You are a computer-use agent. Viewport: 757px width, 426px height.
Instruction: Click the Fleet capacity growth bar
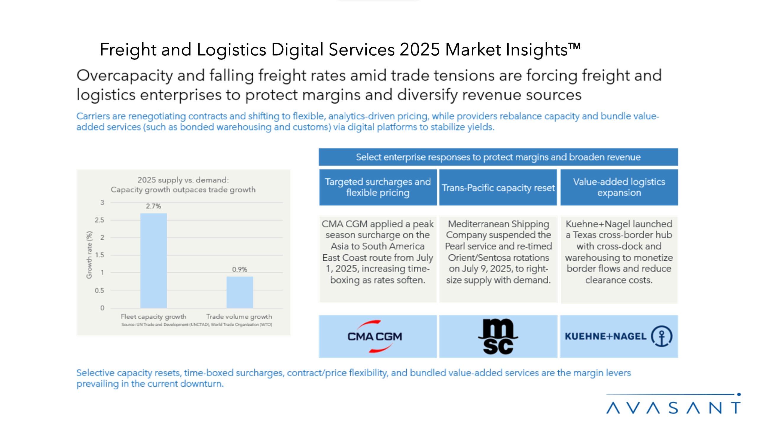coord(153,260)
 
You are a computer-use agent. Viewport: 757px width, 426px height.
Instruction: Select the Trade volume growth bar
coord(240,292)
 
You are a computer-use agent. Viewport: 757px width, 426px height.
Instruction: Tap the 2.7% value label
coord(153,206)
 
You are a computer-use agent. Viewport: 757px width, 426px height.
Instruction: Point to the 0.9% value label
coord(240,269)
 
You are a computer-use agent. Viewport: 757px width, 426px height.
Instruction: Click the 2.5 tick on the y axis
coord(99,220)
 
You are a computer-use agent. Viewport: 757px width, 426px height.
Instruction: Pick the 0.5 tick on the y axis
coord(99,291)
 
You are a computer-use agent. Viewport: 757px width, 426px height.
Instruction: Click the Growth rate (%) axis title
coord(89,255)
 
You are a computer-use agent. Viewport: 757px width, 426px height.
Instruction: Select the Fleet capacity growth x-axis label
coord(153,317)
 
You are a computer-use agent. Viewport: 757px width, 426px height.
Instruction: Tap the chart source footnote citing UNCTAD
coord(197,325)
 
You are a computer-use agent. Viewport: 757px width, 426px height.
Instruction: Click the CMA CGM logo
coord(375,336)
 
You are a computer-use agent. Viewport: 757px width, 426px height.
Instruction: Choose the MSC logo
coord(498,336)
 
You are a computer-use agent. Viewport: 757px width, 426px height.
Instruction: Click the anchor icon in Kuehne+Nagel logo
coord(661,336)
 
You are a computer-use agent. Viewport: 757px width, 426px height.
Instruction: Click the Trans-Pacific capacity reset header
coord(498,188)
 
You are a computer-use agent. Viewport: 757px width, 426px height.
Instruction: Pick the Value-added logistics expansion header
coord(619,187)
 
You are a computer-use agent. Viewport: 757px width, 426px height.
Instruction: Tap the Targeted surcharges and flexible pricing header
coord(378,187)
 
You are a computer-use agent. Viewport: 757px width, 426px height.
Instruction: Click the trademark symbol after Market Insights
coord(575,46)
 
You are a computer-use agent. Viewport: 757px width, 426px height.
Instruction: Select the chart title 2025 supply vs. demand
coord(183,180)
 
